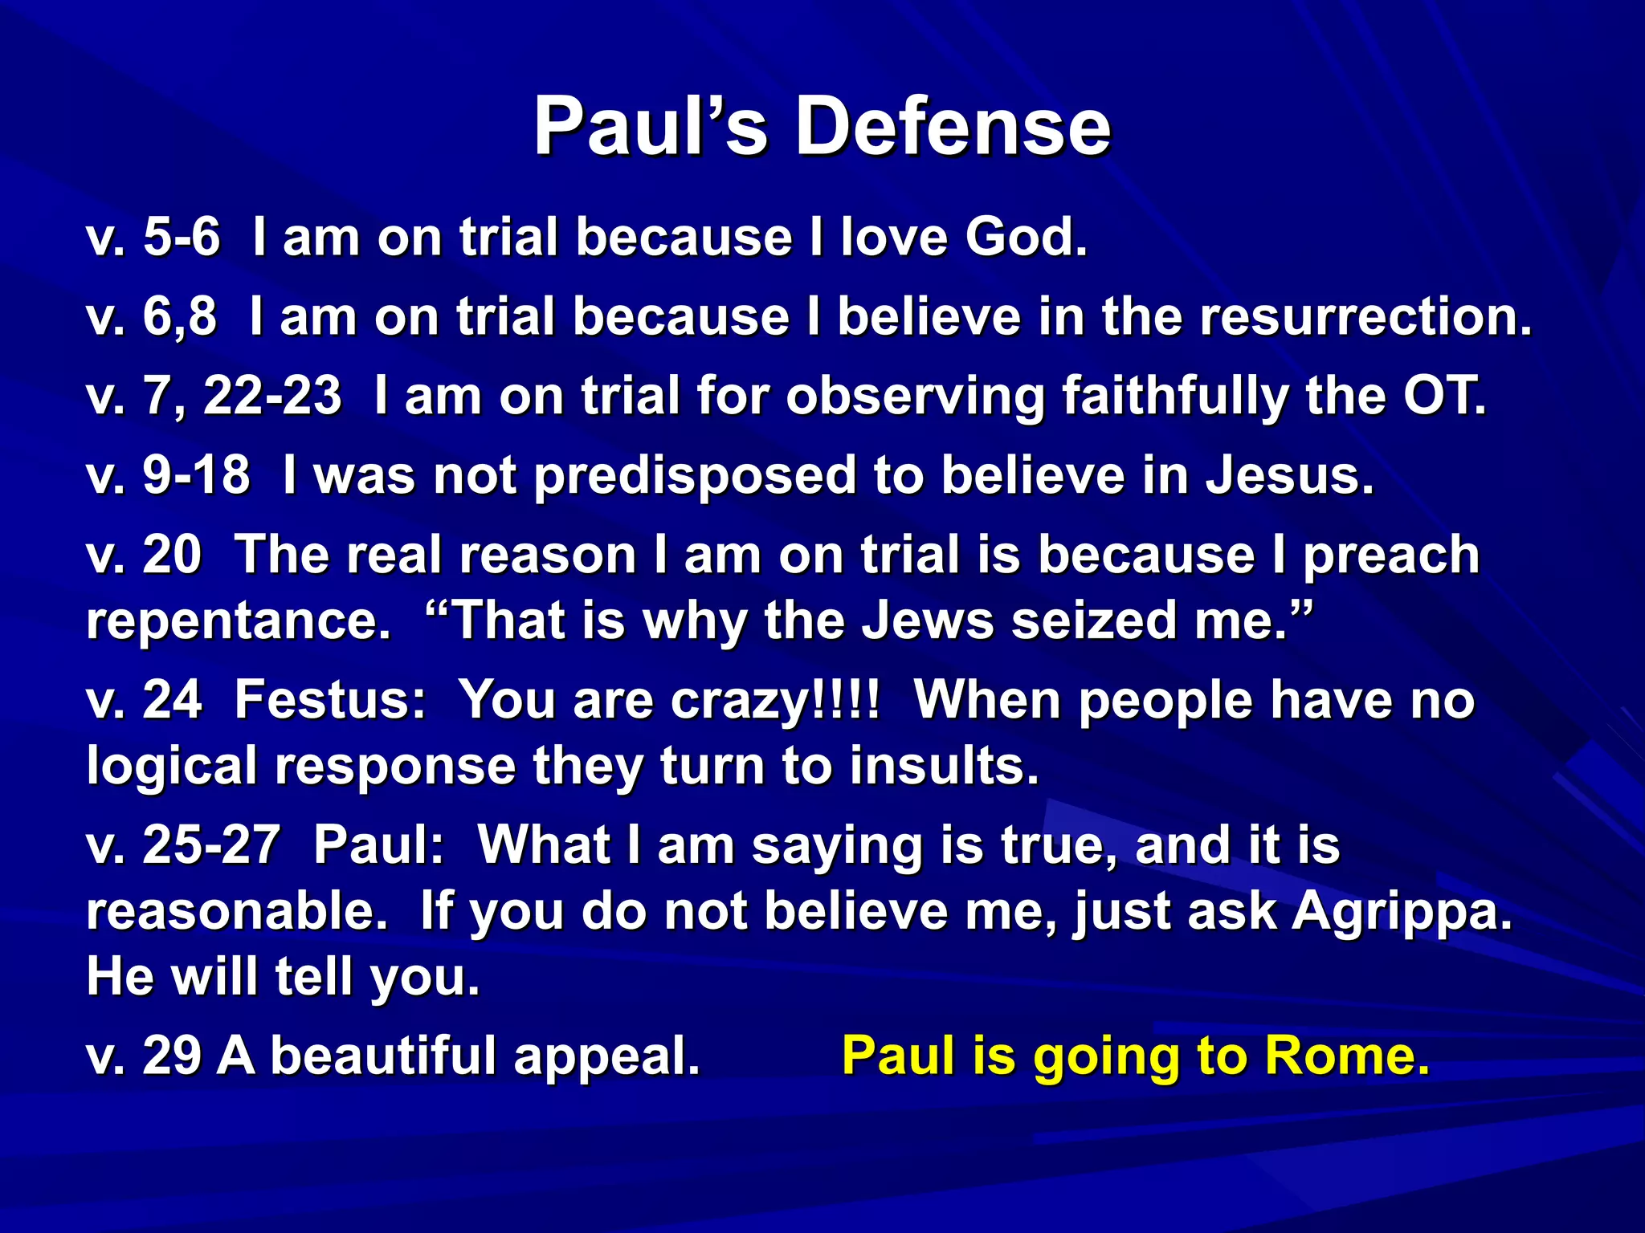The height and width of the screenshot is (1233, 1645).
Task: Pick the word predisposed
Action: [695, 476]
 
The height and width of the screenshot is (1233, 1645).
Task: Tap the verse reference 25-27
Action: [210, 845]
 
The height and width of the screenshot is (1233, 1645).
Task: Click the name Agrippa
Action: [1402, 911]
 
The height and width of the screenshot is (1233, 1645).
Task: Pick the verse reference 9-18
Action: [196, 475]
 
